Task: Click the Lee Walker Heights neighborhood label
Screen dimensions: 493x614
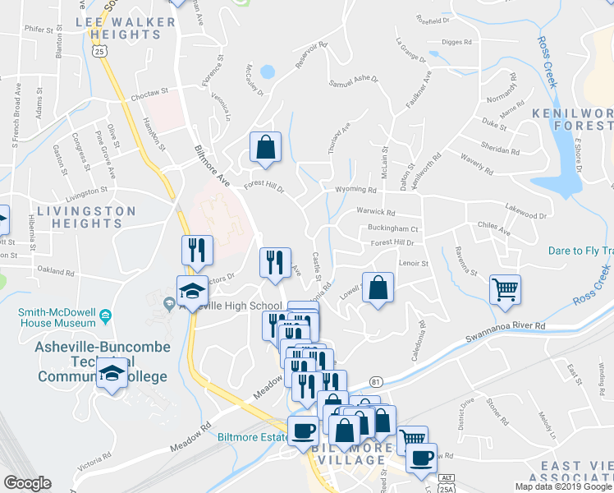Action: [x=130, y=29]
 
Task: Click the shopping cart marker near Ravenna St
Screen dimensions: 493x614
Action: [x=505, y=288]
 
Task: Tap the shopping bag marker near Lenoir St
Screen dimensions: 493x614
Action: [x=377, y=288]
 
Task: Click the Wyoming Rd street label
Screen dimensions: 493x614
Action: [x=355, y=190]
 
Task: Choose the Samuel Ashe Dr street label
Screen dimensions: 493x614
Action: [x=353, y=81]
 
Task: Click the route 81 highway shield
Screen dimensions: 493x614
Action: [x=376, y=382]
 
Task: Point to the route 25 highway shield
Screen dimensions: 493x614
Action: [x=99, y=51]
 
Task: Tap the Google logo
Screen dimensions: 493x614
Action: [x=27, y=483]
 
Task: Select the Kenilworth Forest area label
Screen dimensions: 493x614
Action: [x=573, y=118]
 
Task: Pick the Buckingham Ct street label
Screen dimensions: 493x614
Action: [x=393, y=229]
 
